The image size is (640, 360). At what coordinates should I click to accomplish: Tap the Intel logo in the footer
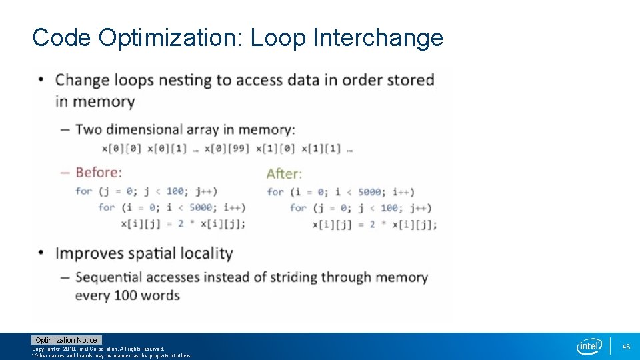[x=590, y=346]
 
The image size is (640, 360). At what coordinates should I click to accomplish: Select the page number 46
[x=626, y=347]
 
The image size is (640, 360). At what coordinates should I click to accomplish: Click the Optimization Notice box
[x=66, y=340]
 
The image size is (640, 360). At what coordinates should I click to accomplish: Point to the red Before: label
[x=99, y=172]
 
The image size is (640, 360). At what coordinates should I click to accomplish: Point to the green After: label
[x=284, y=173]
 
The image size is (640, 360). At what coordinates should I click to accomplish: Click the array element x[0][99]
[x=227, y=149]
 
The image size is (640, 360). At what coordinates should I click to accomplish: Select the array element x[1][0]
[x=276, y=149]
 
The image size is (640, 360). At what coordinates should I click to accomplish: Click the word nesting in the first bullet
[x=185, y=81]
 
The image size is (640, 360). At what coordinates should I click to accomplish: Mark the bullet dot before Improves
[x=42, y=253]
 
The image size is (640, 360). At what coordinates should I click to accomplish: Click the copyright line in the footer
[x=98, y=349]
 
